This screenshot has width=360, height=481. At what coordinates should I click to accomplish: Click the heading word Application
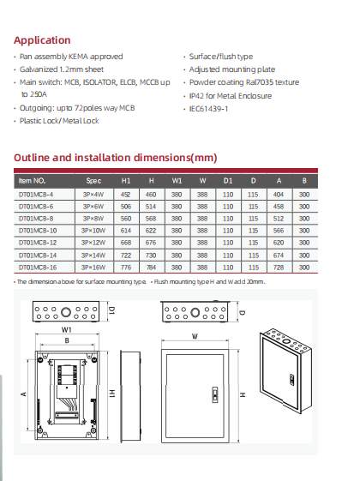(42, 40)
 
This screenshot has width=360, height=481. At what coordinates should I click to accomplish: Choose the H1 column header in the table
(126, 181)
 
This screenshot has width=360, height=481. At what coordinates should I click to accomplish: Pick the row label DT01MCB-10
(37, 231)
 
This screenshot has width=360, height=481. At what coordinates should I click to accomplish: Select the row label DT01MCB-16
(37, 268)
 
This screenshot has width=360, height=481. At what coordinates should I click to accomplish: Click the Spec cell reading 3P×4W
(93, 194)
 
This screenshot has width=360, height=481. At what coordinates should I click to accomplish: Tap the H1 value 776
(126, 268)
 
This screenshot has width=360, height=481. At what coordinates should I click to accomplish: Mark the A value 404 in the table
(279, 194)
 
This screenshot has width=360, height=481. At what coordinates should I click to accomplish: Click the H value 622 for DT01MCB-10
(151, 231)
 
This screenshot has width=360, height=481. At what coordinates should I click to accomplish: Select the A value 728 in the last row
(279, 268)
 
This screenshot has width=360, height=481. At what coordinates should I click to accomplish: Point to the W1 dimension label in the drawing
(66, 329)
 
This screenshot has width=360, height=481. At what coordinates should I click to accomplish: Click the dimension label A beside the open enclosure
(23, 394)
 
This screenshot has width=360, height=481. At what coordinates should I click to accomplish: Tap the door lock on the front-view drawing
(213, 395)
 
